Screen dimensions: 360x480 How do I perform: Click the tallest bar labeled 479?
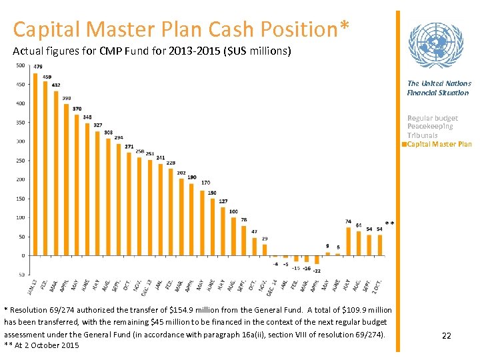tap(35, 164)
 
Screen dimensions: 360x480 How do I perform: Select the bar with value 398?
tap(67, 179)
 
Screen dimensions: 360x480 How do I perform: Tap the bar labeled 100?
tap(233, 236)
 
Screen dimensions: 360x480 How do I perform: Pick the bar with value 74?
tap(348, 241)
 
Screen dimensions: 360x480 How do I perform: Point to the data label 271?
tap(129, 147)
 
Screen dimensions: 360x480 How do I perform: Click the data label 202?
tap(181, 173)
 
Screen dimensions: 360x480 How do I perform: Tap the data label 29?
tap(265, 239)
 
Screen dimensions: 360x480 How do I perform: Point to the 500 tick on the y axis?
tap(20, 65)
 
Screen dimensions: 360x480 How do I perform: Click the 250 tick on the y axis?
tap(20, 161)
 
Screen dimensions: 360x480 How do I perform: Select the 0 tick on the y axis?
tap(23, 256)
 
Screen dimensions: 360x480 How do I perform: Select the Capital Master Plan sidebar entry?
tap(439, 145)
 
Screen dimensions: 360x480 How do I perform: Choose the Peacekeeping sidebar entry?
tap(430, 127)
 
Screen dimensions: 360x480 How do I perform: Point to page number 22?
tap(447, 335)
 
